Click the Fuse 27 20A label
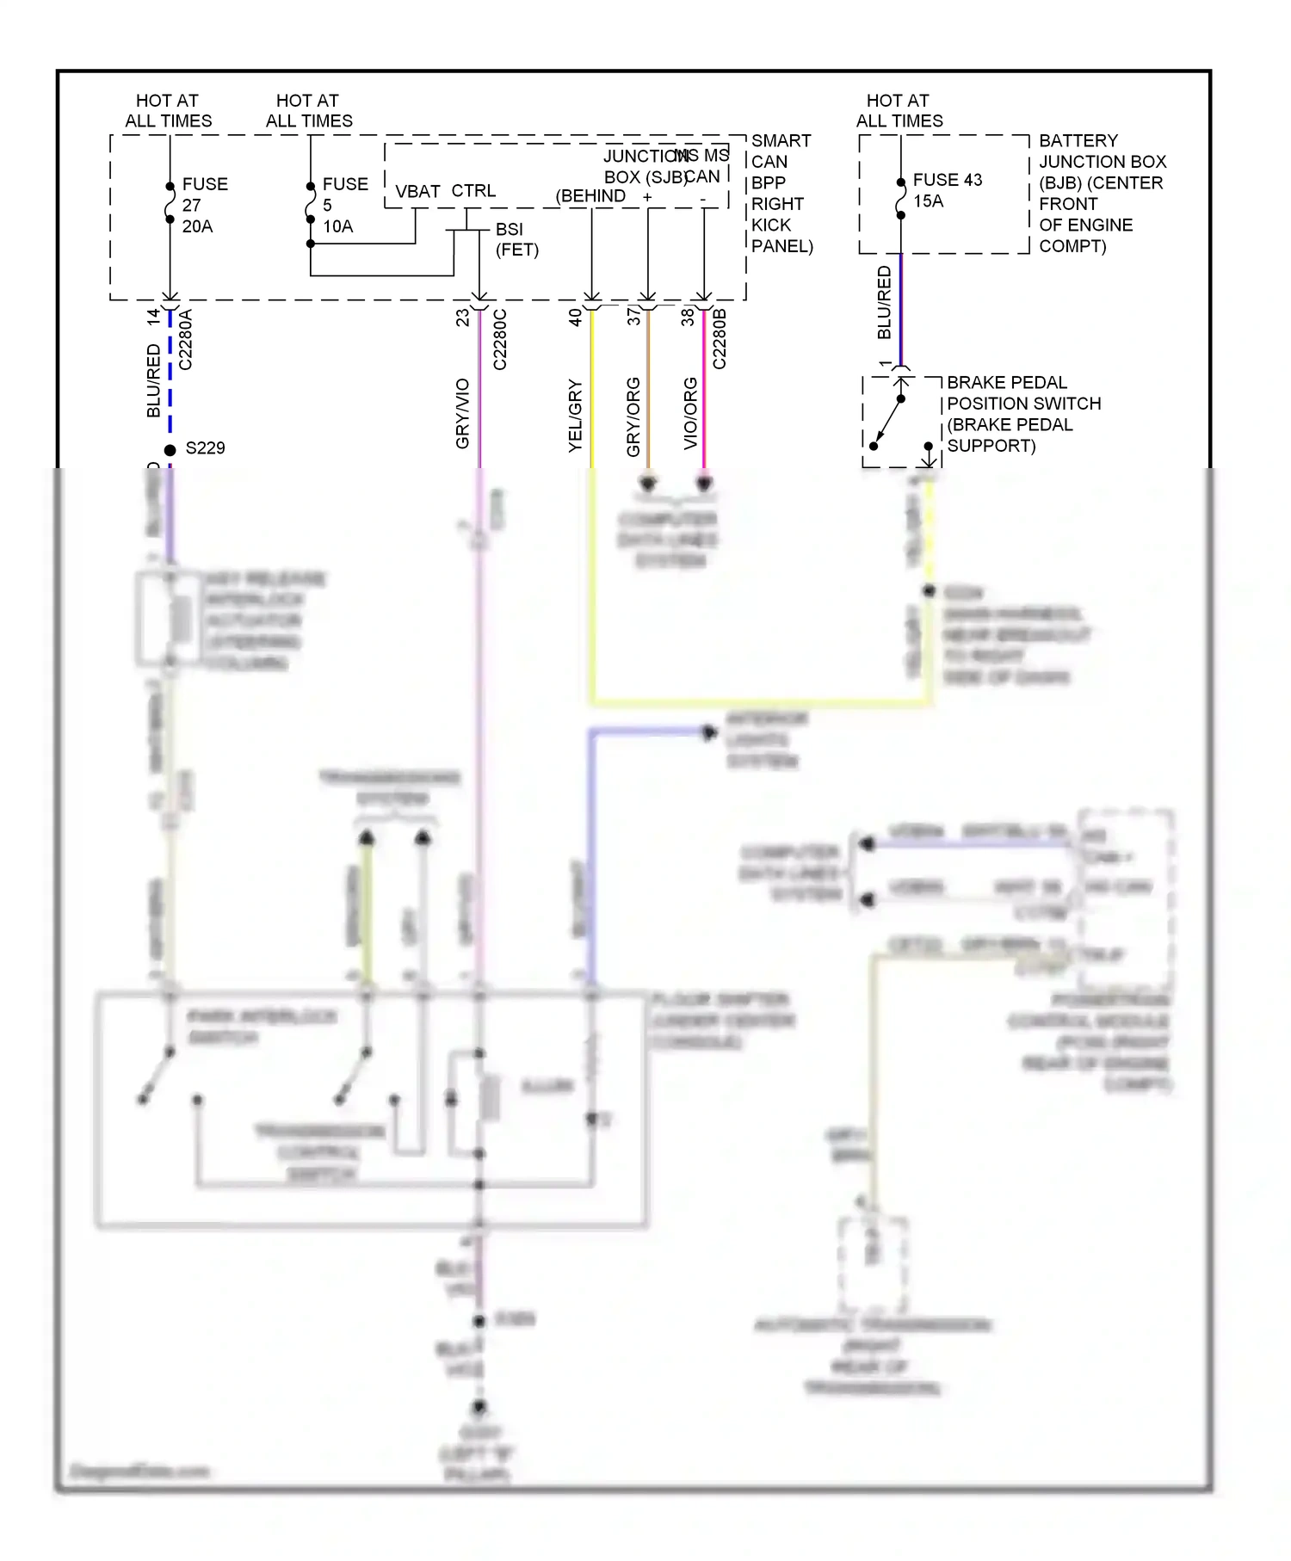[x=203, y=205]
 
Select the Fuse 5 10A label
[x=343, y=205]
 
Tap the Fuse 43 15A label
[x=946, y=190]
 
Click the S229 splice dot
[x=170, y=450]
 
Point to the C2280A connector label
[x=186, y=340]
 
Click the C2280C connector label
[x=500, y=340]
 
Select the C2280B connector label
[x=720, y=340]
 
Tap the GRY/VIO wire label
[x=462, y=413]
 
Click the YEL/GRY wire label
[x=575, y=416]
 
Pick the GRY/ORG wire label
[x=633, y=416]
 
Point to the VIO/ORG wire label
[x=690, y=413]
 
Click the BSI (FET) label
[x=516, y=239]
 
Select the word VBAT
[x=417, y=191]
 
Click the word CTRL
[x=473, y=191]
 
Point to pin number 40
[x=575, y=318]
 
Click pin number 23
[x=463, y=318]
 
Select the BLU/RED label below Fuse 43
[x=884, y=303]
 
